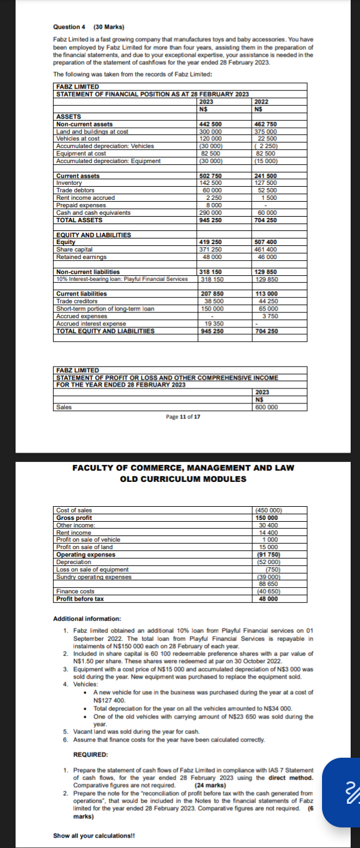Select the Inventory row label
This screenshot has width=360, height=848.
pyautogui.click(x=69, y=183)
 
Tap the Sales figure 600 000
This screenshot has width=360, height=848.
pyautogui.click(x=267, y=407)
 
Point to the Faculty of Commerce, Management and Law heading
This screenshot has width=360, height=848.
pyautogui.click(x=183, y=468)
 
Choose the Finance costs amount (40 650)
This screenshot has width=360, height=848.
pyautogui.click(x=267, y=591)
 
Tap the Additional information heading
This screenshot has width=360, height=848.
pyautogui.click(x=87, y=619)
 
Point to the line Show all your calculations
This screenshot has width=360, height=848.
pyautogui.click(x=95, y=836)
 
